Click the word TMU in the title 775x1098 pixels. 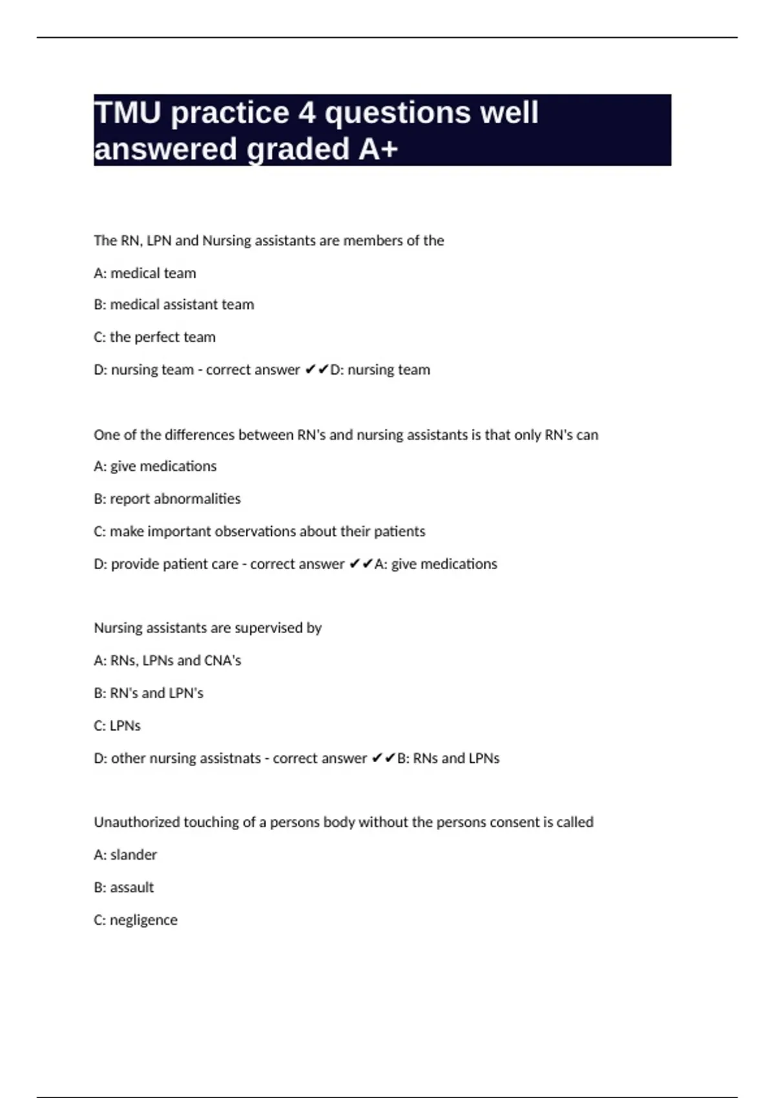(x=127, y=113)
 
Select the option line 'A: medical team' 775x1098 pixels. (x=145, y=273)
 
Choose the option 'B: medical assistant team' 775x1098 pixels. (x=174, y=305)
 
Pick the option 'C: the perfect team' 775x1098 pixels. (x=154, y=337)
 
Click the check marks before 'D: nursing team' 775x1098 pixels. (x=316, y=369)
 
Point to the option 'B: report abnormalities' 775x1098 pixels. (x=167, y=499)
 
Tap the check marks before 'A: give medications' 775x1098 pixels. (x=361, y=564)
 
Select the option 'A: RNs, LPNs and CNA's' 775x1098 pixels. (x=167, y=661)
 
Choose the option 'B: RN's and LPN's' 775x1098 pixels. (x=149, y=693)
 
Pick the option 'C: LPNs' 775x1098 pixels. (x=117, y=726)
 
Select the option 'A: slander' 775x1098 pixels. (x=125, y=855)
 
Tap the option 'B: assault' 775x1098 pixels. (x=123, y=887)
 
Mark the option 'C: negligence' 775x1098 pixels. (x=135, y=920)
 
